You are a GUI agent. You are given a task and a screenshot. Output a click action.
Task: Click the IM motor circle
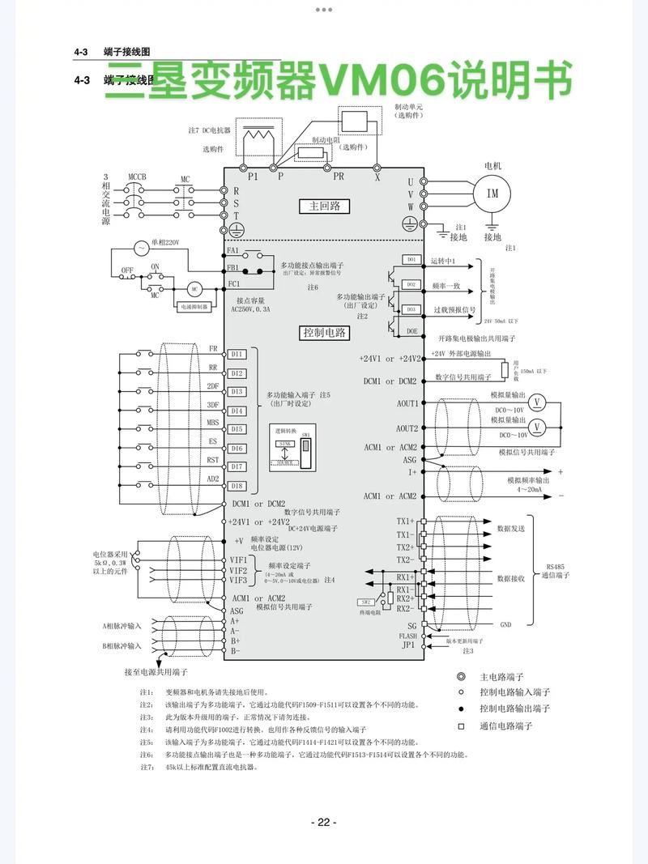click(x=492, y=194)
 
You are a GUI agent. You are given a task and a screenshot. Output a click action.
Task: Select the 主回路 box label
click(x=324, y=206)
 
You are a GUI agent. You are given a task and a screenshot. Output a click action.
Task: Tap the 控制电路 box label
click(x=324, y=332)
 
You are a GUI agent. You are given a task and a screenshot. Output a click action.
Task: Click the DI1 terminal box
click(x=237, y=354)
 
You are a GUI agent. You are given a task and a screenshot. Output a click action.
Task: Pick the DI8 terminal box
click(x=237, y=486)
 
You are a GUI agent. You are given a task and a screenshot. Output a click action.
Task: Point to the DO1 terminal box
click(x=411, y=259)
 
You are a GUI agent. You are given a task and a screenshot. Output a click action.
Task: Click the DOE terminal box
click(x=411, y=330)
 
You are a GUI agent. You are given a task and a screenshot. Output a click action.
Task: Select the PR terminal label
click(x=338, y=176)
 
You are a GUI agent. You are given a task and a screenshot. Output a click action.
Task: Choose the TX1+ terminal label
click(x=405, y=521)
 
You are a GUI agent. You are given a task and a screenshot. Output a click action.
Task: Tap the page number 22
click(x=323, y=822)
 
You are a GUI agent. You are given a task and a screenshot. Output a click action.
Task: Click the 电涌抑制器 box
click(x=194, y=307)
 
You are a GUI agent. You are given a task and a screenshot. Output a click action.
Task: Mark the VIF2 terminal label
click(x=238, y=571)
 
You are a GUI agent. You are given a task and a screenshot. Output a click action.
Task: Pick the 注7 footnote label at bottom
click(x=147, y=766)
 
